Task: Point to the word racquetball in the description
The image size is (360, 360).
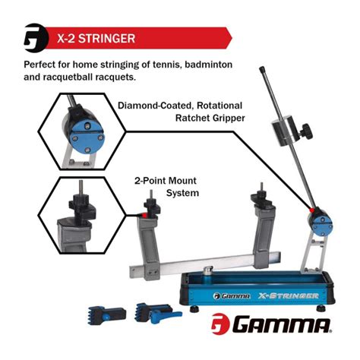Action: click(75, 78)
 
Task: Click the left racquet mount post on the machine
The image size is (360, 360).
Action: click(148, 228)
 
